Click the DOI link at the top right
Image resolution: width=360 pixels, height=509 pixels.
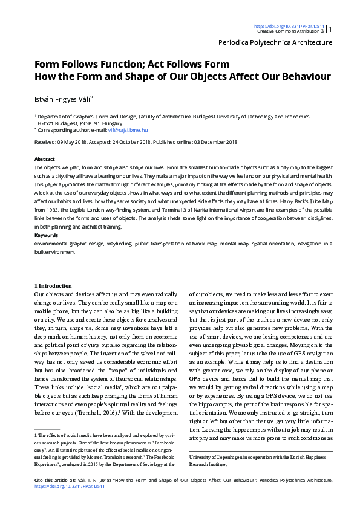[289, 26]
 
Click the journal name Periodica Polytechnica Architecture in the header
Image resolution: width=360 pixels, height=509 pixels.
[275, 42]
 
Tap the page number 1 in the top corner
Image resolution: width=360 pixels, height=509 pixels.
[330, 29]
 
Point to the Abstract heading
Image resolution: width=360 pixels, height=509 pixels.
[45, 158]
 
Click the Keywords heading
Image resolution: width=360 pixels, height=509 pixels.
[46, 235]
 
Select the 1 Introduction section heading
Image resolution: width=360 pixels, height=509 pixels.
[53, 285]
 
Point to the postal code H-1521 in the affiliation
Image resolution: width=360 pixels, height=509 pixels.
[48, 122]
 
